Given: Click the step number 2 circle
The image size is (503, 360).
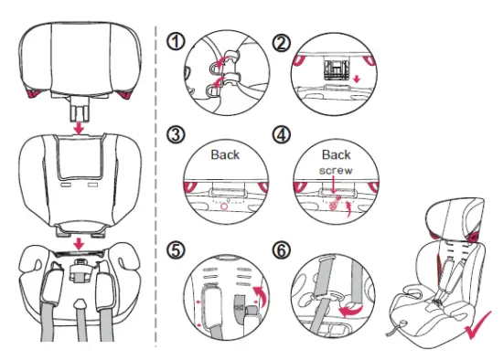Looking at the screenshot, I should coord(282,42).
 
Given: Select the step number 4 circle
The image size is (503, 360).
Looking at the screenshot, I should coord(282,135).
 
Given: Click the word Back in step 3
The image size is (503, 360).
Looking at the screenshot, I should coord(225,154).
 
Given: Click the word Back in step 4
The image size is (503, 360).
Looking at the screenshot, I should coord(337,154).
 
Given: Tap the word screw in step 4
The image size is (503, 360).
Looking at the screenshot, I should coord(337,171).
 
